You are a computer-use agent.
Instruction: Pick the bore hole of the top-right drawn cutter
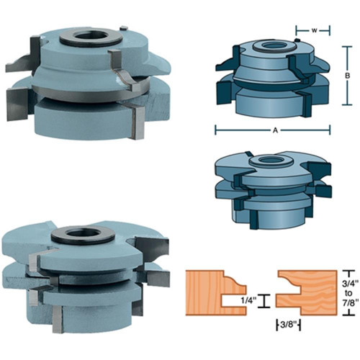point(272,45)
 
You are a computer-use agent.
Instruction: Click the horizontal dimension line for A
point(245,130)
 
